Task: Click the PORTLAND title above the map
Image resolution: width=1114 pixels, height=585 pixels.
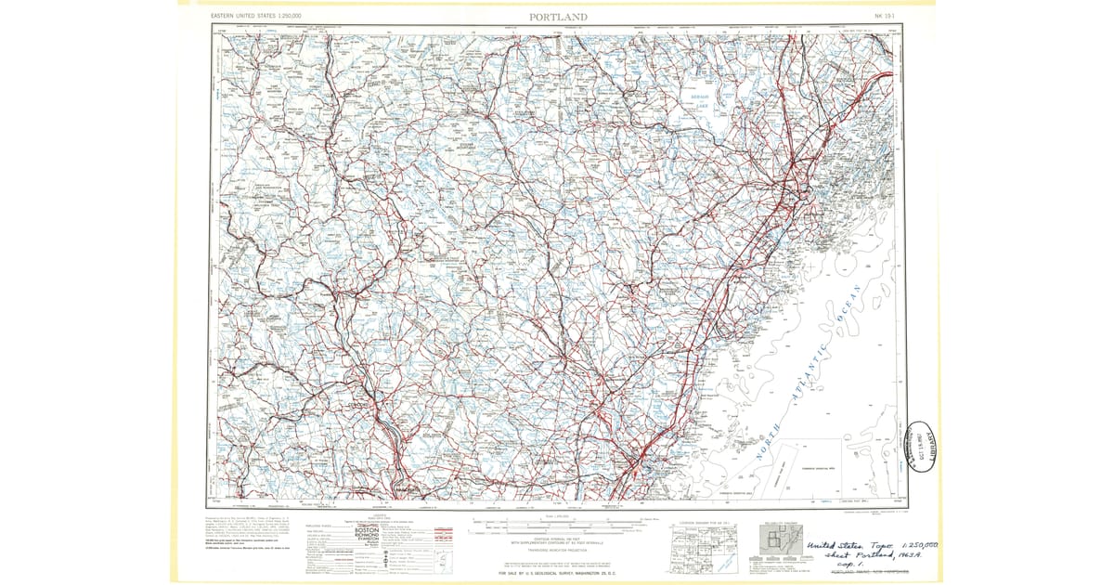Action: (x=558, y=17)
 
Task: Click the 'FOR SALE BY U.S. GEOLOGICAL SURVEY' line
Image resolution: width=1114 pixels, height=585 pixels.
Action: (x=557, y=575)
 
